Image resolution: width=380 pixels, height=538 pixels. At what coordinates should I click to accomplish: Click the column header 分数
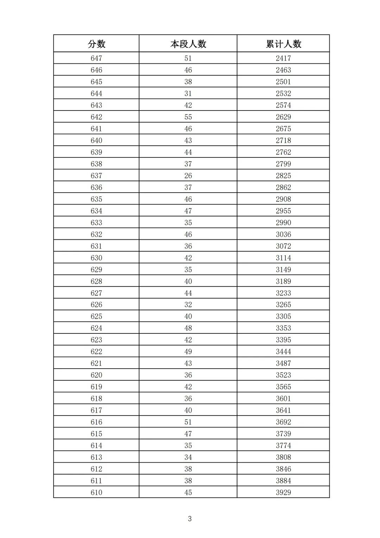click(96, 44)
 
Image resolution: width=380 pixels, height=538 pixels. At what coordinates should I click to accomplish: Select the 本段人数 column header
click(188, 44)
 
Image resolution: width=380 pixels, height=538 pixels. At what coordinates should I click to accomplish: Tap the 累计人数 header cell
click(284, 44)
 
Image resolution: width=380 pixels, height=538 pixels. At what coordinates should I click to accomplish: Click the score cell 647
click(96, 58)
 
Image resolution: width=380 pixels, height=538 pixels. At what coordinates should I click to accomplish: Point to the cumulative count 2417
click(284, 58)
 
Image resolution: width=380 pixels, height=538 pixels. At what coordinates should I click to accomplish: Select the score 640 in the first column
click(96, 140)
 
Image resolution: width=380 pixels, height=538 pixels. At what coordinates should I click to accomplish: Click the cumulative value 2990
click(284, 223)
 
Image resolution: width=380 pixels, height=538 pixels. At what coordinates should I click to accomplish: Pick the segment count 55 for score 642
click(188, 117)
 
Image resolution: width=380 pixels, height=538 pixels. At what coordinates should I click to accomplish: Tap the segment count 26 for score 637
click(188, 176)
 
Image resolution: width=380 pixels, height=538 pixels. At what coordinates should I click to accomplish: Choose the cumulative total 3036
click(284, 234)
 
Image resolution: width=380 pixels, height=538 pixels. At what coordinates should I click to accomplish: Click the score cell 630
click(96, 258)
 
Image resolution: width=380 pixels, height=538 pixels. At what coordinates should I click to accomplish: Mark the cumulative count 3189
click(284, 281)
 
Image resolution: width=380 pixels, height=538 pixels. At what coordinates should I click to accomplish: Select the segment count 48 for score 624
click(188, 328)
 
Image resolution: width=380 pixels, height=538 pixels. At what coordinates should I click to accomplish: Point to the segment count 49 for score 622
click(188, 351)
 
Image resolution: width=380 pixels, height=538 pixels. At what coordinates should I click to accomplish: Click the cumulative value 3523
click(284, 375)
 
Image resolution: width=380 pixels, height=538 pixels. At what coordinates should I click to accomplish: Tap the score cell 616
click(96, 422)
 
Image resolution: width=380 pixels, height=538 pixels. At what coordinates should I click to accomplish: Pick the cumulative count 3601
click(284, 399)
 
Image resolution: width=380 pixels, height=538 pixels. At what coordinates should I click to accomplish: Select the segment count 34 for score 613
click(188, 457)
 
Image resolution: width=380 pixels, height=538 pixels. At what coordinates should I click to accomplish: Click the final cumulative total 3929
click(284, 492)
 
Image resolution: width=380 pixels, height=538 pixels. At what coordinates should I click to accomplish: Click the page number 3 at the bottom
click(190, 519)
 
